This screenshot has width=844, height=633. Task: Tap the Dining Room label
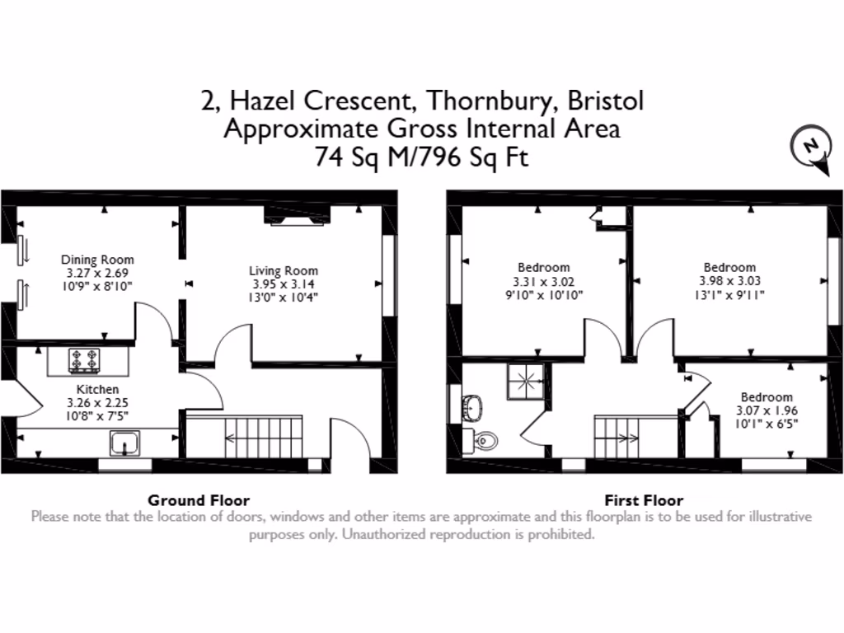pyautogui.click(x=97, y=260)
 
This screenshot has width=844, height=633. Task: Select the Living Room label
pyautogui.click(x=284, y=270)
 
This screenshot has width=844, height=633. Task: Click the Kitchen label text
pyautogui.click(x=97, y=389)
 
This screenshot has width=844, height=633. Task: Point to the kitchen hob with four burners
pyautogui.click(x=83, y=361)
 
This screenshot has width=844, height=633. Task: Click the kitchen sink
pyautogui.click(x=124, y=443)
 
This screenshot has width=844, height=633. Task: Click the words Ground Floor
pyautogui.click(x=198, y=499)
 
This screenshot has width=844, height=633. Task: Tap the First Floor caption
pyautogui.click(x=644, y=499)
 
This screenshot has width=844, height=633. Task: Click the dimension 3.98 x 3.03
pyautogui.click(x=729, y=280)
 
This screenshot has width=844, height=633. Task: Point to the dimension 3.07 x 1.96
pyautogui.click(x=767, y=410)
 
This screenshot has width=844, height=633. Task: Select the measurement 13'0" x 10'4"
pyautogui.click(x=284, y=297)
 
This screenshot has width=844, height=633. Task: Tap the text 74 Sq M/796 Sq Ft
pyautogui.click(x=421, y=157)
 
